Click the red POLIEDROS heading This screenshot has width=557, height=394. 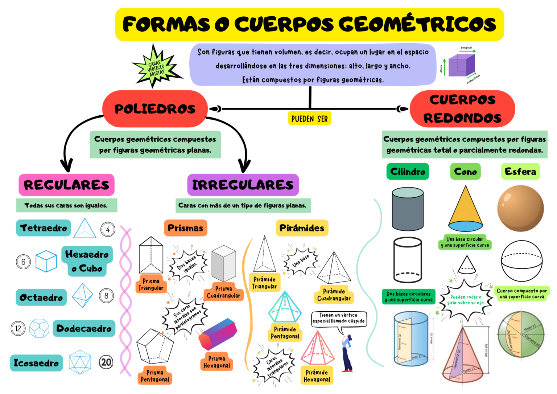[x=155, y=109]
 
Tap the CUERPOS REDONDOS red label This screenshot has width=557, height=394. [x=462, y=109]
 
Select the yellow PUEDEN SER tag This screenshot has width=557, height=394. [x=309, y=119]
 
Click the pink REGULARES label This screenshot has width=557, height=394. [x=66, y=185]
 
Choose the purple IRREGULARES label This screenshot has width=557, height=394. [x=243, y=185]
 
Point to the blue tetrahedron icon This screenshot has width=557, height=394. [x=84, y=229]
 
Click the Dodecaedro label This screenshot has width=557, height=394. [x=84, y=329]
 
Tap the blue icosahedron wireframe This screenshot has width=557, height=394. [x=80, y=362]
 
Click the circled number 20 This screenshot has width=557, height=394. [x=106, y=362]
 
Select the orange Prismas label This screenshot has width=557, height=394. [x=185, y=228]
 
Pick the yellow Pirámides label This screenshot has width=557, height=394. [x=302, y=228]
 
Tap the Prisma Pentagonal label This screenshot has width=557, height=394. [x=155, y=376]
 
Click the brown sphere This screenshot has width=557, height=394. [x=520, y=208]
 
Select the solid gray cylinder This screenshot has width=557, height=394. [x=408, y=209]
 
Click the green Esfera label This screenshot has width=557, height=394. [x=520, y=172]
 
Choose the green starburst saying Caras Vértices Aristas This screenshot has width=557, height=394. [x=156, y=67]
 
